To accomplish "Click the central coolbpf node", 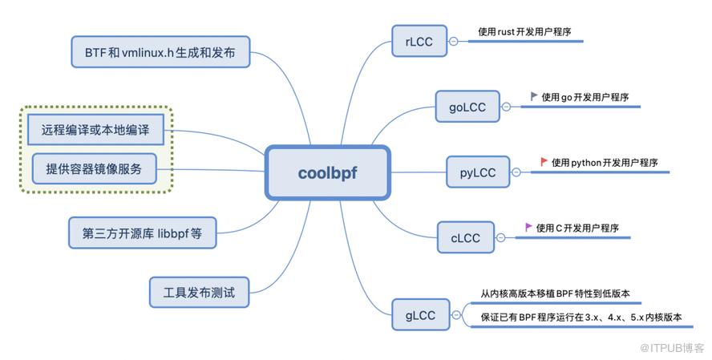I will [x=327, y=172].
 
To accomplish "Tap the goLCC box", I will [x=467, y=107].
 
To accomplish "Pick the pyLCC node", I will [x=477, y=172].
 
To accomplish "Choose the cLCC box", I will [x=465, y=237].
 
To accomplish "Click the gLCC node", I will [x=420, y=315].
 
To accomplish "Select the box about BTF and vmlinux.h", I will [x=160, y=52].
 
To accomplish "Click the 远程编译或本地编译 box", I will [x=95, y=129].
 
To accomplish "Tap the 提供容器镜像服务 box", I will [x=94, y=168].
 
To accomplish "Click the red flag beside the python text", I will [x=544, y=162].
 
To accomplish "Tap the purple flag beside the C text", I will [x=528, y=228].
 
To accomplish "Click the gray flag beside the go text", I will [x=534, y=96].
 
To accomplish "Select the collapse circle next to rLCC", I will [x=454, y=42].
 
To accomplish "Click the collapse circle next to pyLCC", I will [x=516, y=172].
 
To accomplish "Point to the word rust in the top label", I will [x=505, y=32].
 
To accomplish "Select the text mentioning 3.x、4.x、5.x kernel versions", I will [x=581, y=318].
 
